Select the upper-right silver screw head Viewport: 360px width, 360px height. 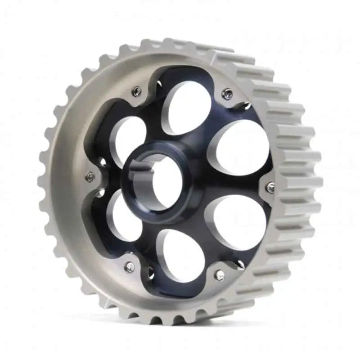pyautogui.click(x=228, y=94)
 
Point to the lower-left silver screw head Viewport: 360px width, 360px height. pyautogui.click(x=130, y=267)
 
